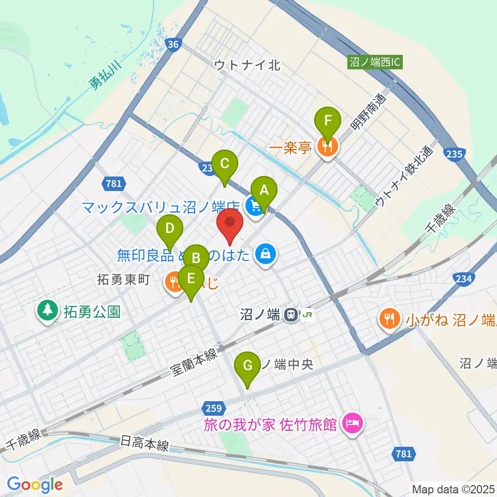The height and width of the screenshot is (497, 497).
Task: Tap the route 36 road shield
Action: click(x=173, y=45)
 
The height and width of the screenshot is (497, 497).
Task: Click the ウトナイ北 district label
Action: click(x=247, y=65)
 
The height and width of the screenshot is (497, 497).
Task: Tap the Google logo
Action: click(x=35, y=484)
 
